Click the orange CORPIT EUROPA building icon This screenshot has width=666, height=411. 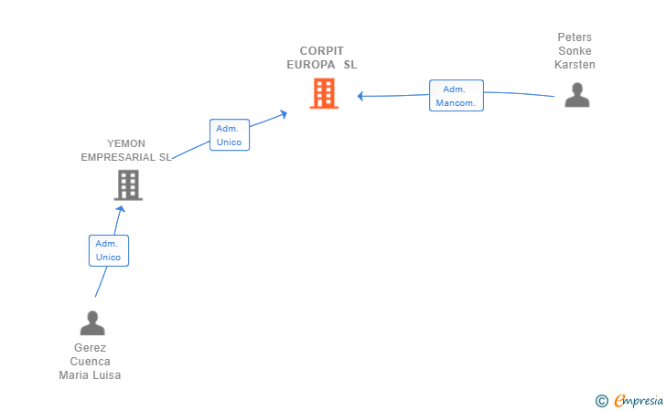(x=324, y=93)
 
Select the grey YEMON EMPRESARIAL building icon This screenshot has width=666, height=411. (x=128, y=184)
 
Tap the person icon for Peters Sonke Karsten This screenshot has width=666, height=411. (x=577, y=95)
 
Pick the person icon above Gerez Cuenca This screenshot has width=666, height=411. (x=92, y=323)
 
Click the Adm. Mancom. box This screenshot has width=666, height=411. (x=457, y=95)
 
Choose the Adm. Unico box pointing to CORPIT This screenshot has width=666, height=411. (x=230, y=135)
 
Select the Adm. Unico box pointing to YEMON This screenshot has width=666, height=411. (x=109, y=250)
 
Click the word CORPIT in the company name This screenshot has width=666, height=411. (x=321, y=51)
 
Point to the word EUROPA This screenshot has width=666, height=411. (x=311, y=65)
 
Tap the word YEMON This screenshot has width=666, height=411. (x=126, y=143)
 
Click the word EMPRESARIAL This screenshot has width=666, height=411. (x=118, y=157)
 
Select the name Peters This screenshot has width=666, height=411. (x=575, y=37)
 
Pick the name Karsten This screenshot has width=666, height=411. (x=575, y=65)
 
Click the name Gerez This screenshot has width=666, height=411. (x=90, y=348)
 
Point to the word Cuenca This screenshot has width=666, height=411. (x=90, y=362)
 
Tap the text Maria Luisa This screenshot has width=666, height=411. (x=90, y=375)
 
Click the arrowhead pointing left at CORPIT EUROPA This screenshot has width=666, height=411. (x=360, y=96)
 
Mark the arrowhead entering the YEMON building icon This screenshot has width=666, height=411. (x=121, y=208)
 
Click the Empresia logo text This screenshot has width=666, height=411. (x=639, y=400)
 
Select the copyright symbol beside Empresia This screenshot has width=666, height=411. (x=602, y=401)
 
